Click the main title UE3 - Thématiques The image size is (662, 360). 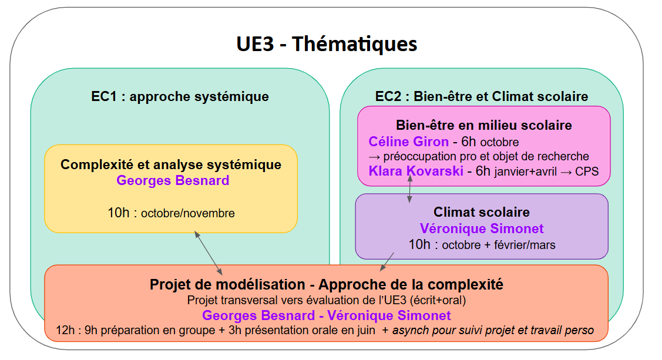(327, 43)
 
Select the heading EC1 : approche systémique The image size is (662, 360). (180, 96)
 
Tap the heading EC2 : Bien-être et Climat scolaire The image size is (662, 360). (482, 96)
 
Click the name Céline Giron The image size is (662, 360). (409, 142)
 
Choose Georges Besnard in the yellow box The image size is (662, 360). (173, 180)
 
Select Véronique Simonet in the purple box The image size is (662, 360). (482, 228)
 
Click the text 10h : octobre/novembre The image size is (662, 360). (171, 213)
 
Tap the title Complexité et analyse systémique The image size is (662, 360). (171, 164)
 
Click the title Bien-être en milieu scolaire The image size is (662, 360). (484, 125)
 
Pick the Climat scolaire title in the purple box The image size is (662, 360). (482, 212)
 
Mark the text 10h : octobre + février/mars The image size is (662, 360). (482, 244)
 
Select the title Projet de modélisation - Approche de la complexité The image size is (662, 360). (327, 285)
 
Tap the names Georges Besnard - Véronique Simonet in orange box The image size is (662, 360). (327, 315)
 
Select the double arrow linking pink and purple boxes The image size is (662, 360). (409, 189)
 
